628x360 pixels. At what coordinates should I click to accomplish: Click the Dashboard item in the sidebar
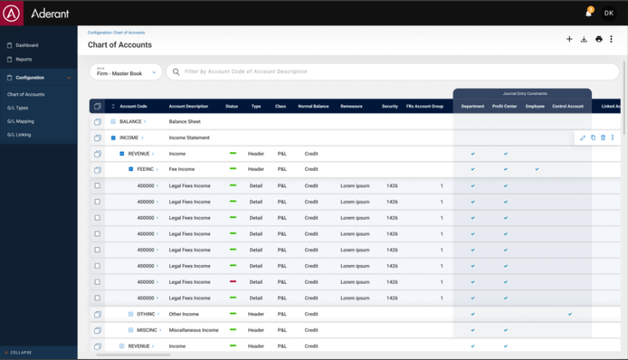tap(27, 45)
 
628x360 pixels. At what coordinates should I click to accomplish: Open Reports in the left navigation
tap(24, 59)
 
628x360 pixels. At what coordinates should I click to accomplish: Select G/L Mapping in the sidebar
tap(20, 121)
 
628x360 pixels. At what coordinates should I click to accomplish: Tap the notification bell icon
tap(588, 13)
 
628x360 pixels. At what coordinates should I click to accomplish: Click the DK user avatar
tap(608, 13)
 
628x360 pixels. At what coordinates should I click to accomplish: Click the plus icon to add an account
tap(569, 39)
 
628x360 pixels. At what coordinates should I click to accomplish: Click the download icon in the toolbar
tap(584, 39)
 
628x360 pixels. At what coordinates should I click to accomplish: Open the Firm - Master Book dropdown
tap(124, 72)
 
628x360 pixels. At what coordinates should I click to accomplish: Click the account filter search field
tap(392, 72)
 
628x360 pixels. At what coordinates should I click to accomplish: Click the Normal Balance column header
tap(313, 106)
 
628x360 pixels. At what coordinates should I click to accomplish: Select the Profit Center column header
tap(505, 106)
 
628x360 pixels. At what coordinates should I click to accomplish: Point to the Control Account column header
tap(567, 106)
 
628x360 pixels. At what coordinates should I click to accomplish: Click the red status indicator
tap(233, 281)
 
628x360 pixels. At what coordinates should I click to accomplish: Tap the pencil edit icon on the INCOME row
tap(583, 137)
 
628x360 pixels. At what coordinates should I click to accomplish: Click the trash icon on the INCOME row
tap(603, 137)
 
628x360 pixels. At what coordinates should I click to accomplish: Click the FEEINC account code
tap(145, 169)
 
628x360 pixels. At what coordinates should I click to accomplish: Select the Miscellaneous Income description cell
tap(194, 330)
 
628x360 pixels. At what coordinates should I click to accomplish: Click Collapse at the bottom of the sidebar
tap(21, 353)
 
